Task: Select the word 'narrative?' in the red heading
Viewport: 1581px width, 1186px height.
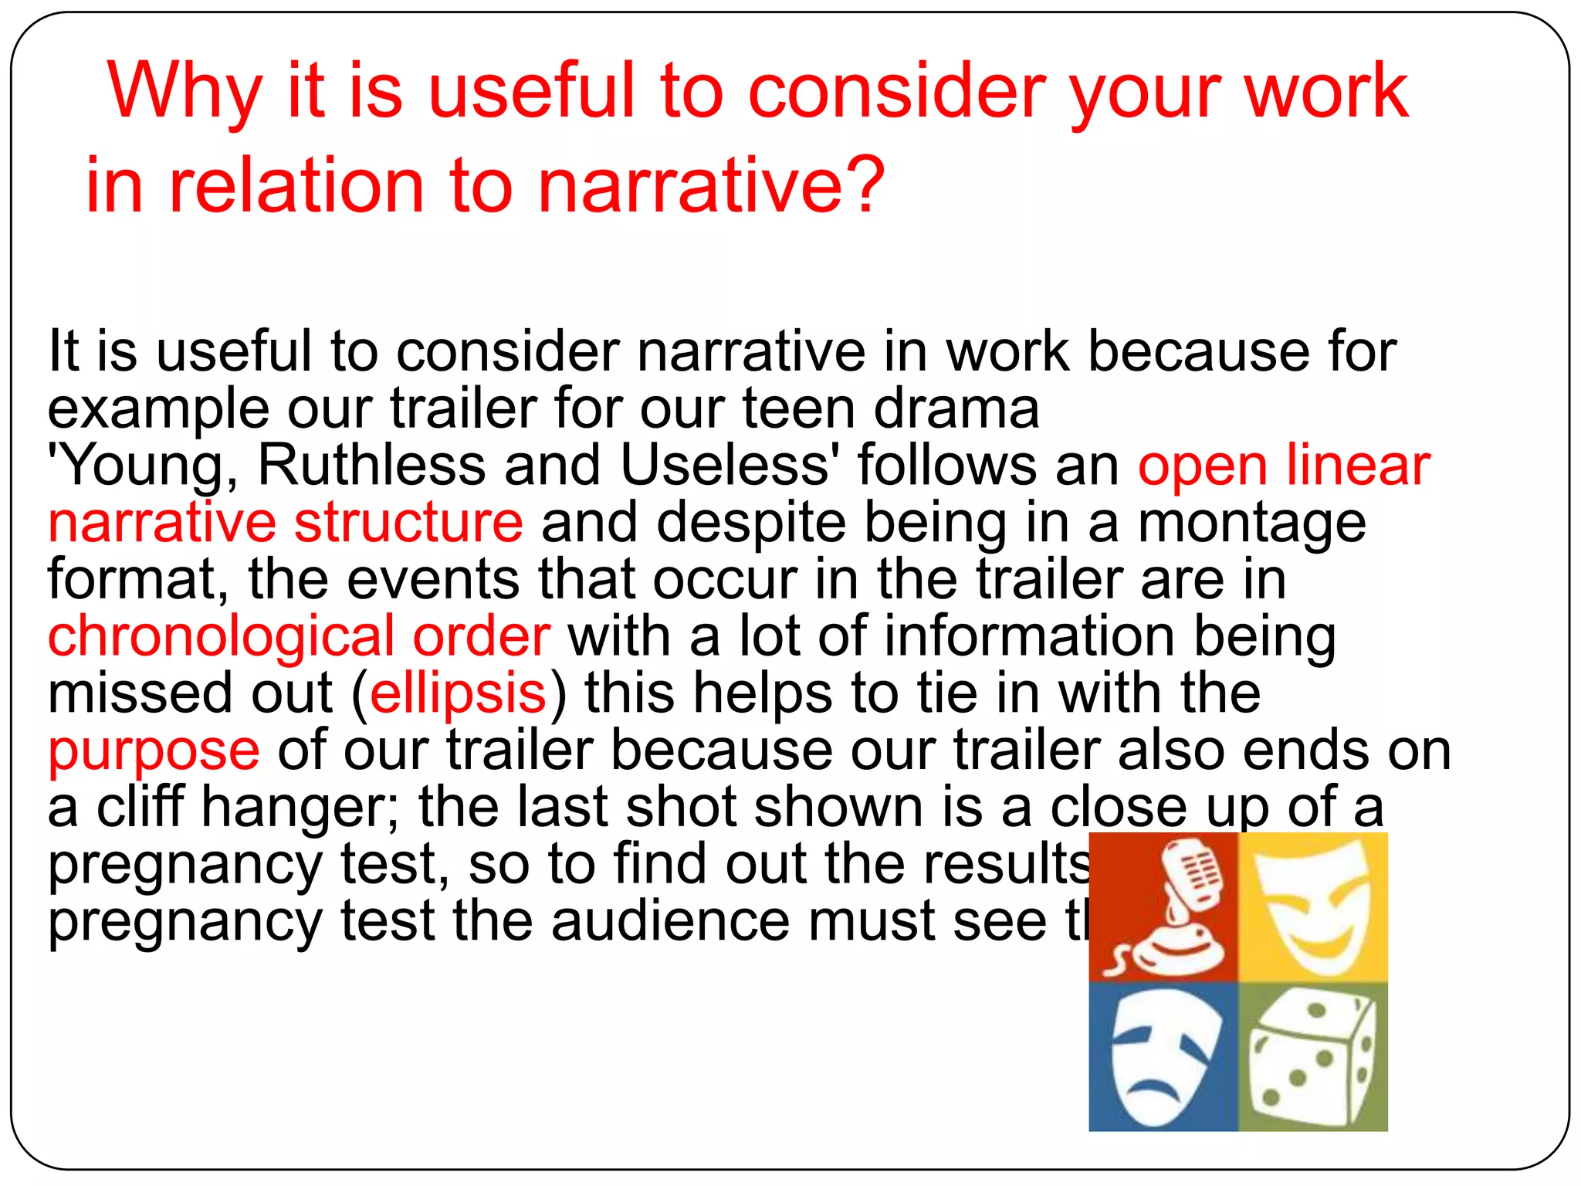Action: tap(710, 185)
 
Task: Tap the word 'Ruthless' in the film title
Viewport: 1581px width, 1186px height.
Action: tap(371, 466)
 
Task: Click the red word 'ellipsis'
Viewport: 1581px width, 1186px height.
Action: tap(459, 693)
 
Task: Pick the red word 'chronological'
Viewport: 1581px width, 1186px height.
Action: tap(221, 636)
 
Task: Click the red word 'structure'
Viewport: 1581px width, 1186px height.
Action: tap(408, 523)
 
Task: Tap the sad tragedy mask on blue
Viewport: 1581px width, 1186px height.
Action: tap(1163, 1056)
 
